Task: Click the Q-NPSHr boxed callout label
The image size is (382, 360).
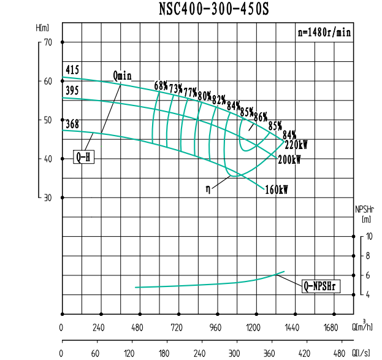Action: pos(321,285)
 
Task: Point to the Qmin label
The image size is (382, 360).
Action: pos(123,75)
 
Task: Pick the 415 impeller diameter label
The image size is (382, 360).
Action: pos(72,69)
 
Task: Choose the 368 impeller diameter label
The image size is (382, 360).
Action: pos(72,124)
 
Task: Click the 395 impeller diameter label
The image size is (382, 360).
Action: pos(72,90)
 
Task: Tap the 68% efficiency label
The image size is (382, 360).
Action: pos(161,85)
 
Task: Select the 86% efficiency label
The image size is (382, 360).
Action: pos(261,117)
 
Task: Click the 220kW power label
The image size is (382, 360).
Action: pos(296,145)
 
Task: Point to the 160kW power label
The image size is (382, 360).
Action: pos(277,190)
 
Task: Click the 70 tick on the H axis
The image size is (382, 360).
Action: pos(48,42)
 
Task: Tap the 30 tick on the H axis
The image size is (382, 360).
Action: pos(48,197)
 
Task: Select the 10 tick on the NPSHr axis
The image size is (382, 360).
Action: pos(368,236)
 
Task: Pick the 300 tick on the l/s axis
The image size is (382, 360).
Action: pos(234,353)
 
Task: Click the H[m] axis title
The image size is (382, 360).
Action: pos(42,28)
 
